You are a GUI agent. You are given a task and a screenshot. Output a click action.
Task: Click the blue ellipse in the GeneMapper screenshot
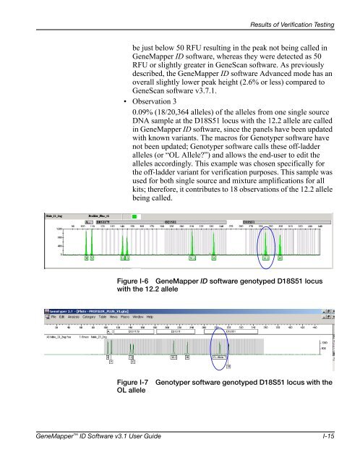(268, 242)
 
